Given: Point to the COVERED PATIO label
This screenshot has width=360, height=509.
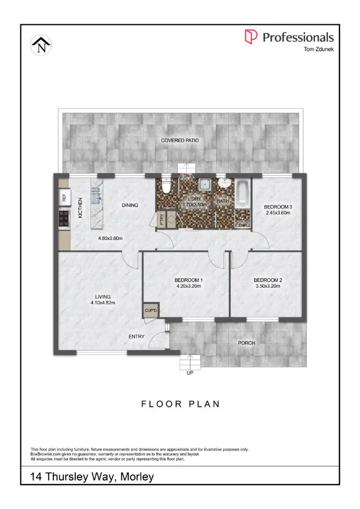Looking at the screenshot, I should tap(180, 141).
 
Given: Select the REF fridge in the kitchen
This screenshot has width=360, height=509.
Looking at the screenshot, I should tap(62, 197).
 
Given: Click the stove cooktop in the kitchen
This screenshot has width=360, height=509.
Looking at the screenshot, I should tap(63, 219).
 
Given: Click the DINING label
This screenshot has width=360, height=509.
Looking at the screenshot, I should tap(130, 205).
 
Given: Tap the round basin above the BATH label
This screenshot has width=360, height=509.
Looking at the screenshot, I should tap(223, 184).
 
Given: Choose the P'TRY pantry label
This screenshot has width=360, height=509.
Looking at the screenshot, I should tap(162, 219).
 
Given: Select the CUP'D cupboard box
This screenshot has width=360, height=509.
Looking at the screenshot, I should tap(151, 311).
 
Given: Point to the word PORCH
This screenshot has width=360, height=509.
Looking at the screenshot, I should tap(246, 343).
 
